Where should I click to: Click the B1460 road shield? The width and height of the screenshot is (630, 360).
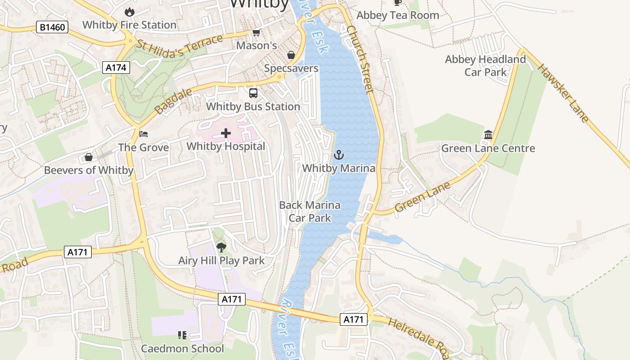tap(52, 27)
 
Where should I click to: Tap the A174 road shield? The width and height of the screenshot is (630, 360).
tap(117, 68)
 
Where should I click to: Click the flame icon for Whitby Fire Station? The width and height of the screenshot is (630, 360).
tap(130, 12)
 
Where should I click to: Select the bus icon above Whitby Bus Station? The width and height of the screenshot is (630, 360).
tap(253, 93)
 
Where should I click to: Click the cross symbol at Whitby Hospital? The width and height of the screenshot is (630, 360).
tap(226, 133)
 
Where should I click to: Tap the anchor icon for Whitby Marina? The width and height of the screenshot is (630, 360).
tap(338, 155)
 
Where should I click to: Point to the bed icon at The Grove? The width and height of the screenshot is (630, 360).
tap(144, 134)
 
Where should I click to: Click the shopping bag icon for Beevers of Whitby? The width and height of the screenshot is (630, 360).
tap(89, 157)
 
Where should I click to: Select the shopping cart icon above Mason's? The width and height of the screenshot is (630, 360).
tap(256, 32)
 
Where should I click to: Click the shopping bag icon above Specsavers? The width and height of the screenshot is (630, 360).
tap(291, 55)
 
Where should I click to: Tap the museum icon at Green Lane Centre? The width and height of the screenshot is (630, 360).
tap(488, 135)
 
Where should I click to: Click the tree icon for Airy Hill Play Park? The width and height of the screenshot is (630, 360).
tap(221, 247)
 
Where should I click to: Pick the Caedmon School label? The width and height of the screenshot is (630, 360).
tap(182, 349)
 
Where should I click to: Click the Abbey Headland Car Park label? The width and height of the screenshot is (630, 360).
tap(485, 66)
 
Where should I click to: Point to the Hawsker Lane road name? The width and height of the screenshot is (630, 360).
tap(563, 94)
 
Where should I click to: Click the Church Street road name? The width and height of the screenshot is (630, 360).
tap(360, 58)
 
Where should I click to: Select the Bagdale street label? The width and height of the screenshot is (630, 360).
tap(173, 101)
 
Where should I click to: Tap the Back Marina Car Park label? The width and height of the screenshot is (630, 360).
tap(310, 211)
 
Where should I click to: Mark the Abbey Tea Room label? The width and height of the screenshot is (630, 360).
tap(397, 15)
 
